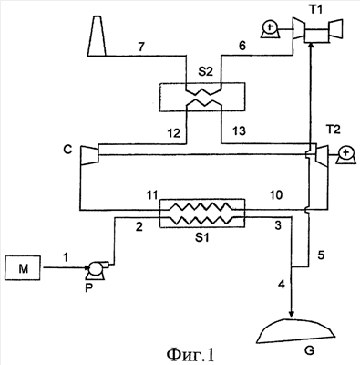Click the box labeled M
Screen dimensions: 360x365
pyautogui.click(x=23, y=267)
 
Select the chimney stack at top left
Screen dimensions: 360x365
pyautogui.click(x=97, y=36)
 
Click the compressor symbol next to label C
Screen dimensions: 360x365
pyautogui.click(x=89, y=155)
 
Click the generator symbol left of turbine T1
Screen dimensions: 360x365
pyautogui.click(x=271, y=30)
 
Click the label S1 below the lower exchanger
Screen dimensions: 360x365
pyautogui.click(x=201, y=237)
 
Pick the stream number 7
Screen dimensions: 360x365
pyautogui.click(x=142, y=47)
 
